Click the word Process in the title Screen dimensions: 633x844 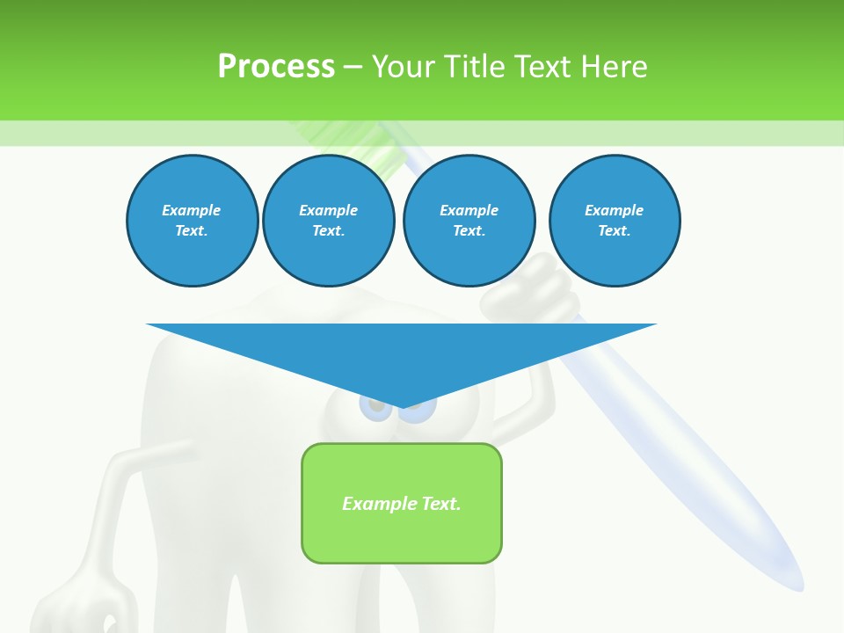pyautogui.click(x=276, y=67)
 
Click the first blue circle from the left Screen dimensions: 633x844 pyautogui.click(x=192, y=221)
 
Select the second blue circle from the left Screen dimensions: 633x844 pyautogui.click(x=328, y=221)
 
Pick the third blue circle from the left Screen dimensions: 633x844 pyautogui.click(x=469, y=221)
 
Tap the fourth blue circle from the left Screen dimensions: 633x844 pyautogui.click(x=614, y=221)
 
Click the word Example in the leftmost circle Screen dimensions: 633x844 pyautogui.click(x=192, y=210)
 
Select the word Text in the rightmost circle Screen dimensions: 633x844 pyautogui.click(x=614, y=231)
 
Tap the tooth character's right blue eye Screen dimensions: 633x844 pyautogui.click(x=422, y=410)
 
